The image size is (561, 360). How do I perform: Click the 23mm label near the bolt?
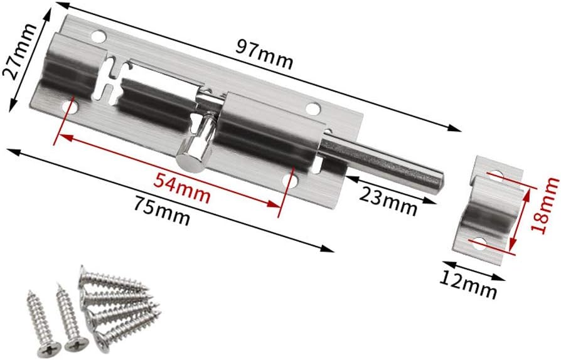388,200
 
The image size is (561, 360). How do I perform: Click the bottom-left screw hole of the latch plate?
70,108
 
